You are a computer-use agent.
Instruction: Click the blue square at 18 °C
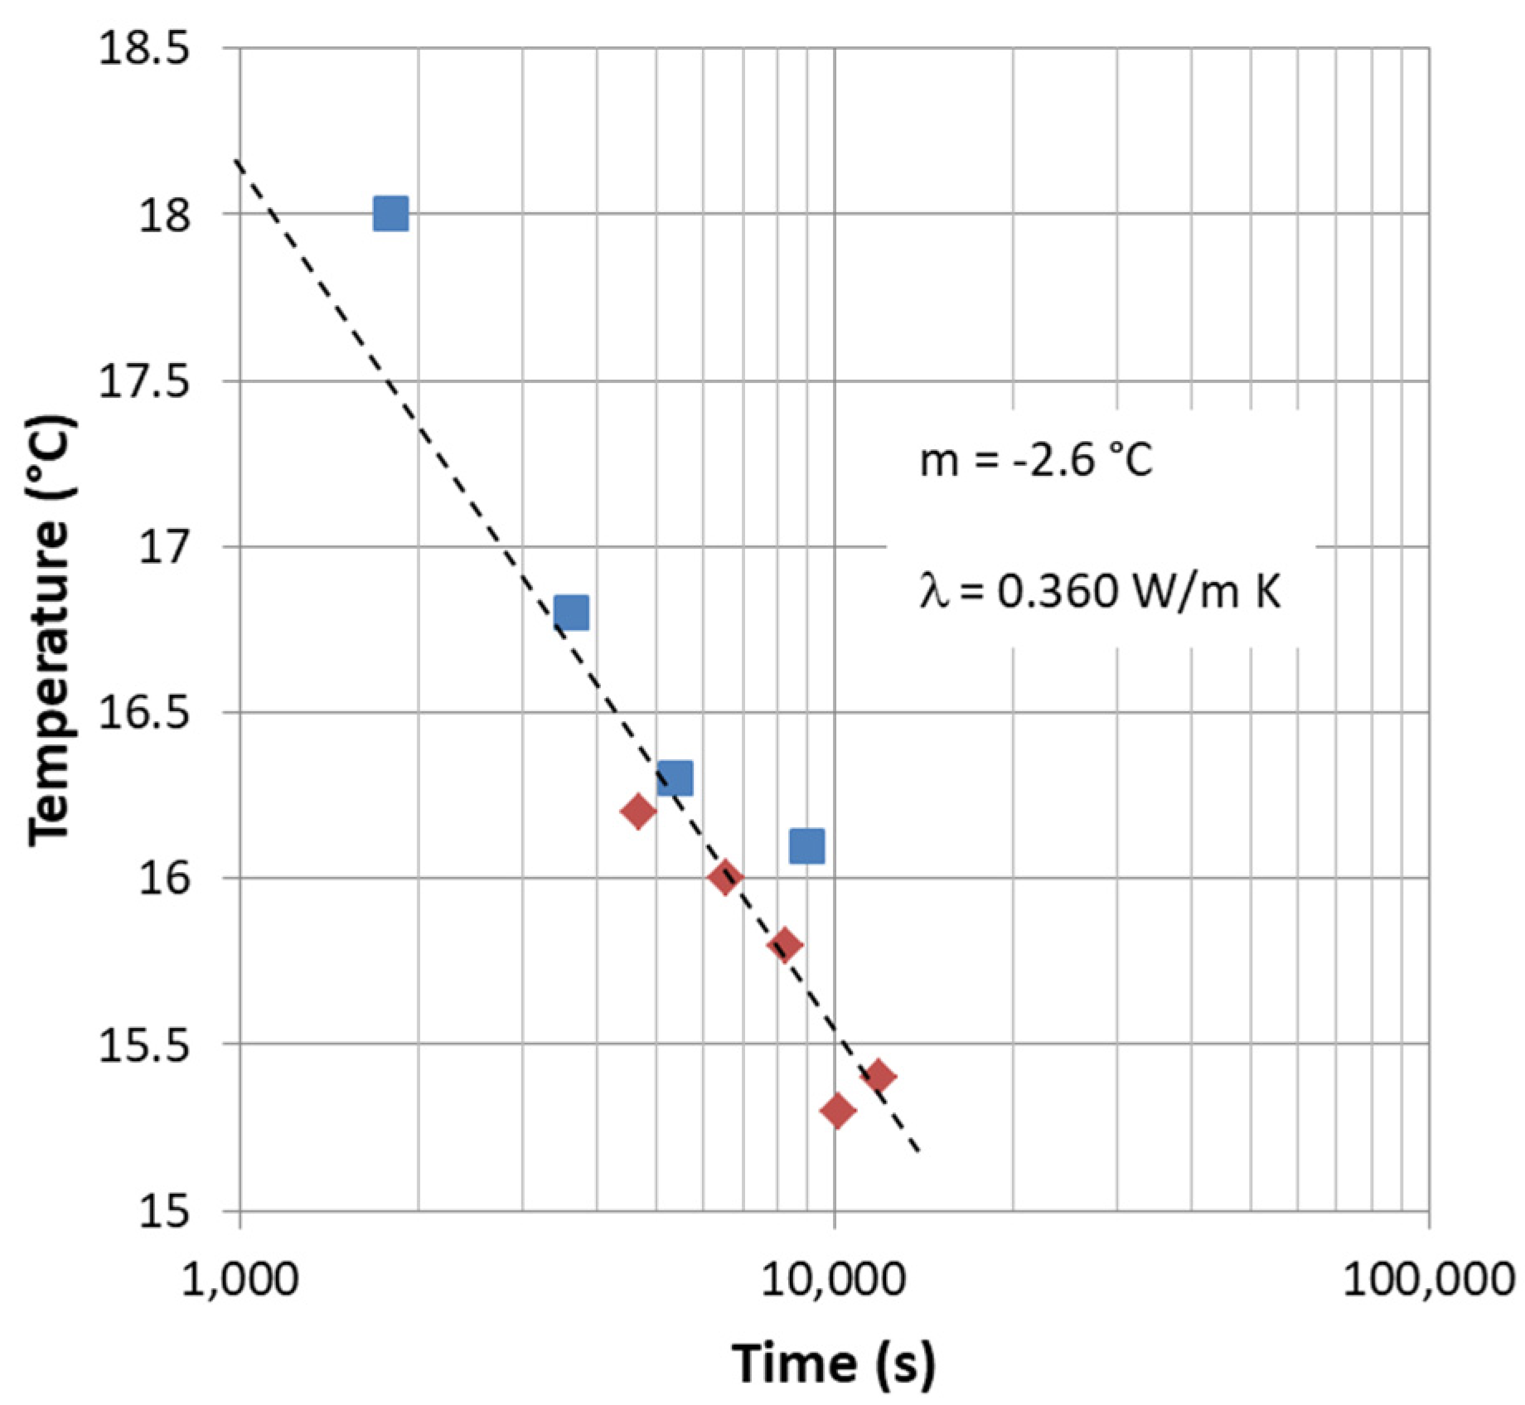(x=390, y=214)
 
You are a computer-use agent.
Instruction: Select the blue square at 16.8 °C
(x=571, y=613)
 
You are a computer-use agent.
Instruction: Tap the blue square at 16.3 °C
(x=675, y=778)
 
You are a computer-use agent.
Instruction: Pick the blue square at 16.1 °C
(x=806, y=845)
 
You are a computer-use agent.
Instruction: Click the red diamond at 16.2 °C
(x=638, y=811)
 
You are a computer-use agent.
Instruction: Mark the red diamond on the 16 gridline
(x=725, y=877)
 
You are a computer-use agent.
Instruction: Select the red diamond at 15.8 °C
(x=785, y=944)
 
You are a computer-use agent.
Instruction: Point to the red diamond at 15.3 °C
(x=837, y=1110)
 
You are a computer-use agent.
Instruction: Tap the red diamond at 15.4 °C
(x=879, y=1077)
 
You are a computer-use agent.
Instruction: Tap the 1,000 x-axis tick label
(x=240, y=1279)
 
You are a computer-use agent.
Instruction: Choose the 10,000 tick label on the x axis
(x=834, y=1279)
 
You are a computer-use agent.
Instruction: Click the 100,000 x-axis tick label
(x=1428, y=1279)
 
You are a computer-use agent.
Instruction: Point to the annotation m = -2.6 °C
(x=1036, y=460)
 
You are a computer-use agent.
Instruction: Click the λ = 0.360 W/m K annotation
(x=1100, y=592)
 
